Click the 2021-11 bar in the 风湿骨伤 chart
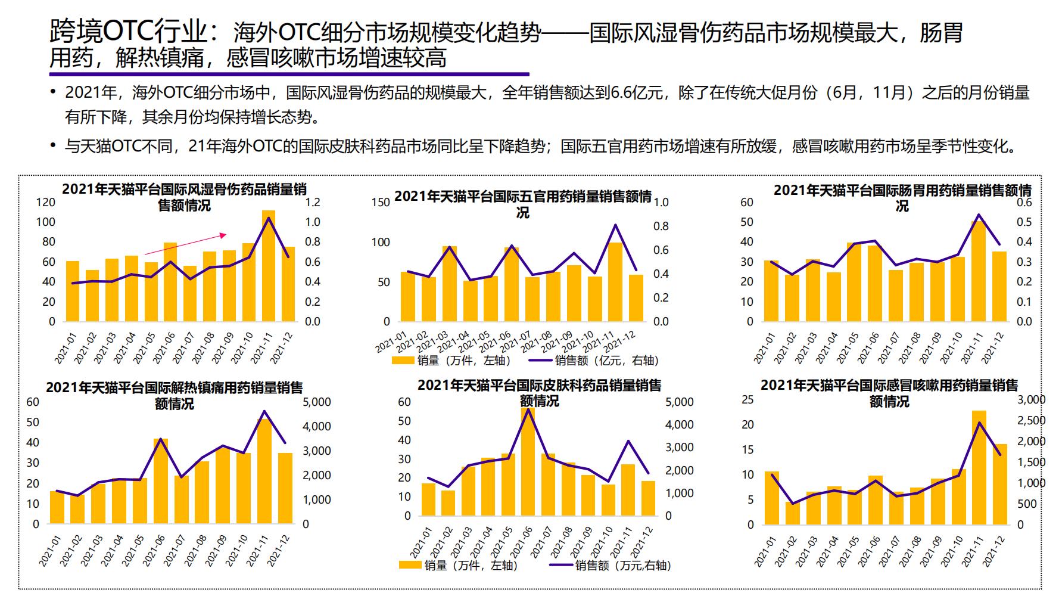coord(269,268)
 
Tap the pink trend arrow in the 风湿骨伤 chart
coord(185,244)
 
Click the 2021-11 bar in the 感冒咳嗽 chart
coord(979,468)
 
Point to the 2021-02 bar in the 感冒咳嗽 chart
coord(792,513)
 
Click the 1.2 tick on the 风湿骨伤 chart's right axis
coord(312,202)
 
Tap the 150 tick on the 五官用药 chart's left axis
coord(380,203)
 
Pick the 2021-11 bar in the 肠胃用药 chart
coord(979,272)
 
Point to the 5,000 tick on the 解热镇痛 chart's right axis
coord(317,402)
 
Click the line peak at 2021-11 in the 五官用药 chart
coord(615,225)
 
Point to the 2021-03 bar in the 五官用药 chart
coord(450,284)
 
